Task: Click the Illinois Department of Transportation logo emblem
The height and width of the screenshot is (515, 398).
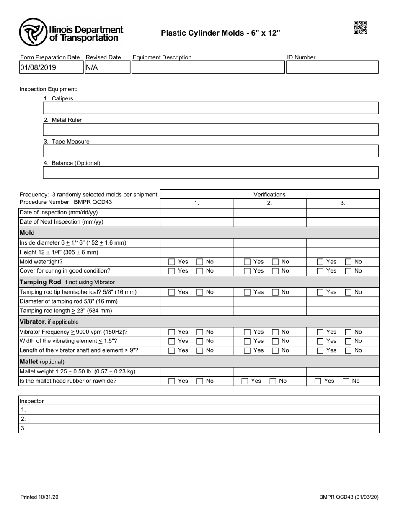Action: tap(33, 32)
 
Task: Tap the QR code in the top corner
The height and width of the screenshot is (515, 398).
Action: tap(360, 27)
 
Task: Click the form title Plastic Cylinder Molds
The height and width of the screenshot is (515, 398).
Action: tap(220, 33)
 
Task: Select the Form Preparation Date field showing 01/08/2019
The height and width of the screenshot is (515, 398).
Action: tap(51, 67)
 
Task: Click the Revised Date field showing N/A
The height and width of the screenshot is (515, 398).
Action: tap(107, 67)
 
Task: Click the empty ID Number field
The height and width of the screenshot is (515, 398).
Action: tap(332, 67)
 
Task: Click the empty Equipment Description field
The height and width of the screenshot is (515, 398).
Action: tap(208, 67)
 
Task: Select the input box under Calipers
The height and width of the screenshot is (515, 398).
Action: tap(210, 108)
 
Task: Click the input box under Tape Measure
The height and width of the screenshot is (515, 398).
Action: tap(210, 151)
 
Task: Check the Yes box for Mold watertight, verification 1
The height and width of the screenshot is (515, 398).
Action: tap(172, 262)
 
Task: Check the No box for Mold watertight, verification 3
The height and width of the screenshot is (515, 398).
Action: tap(348, 262)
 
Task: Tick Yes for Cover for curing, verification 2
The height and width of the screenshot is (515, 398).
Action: tap(247, 271)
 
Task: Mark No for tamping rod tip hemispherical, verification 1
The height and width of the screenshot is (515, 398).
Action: tap(200, 292)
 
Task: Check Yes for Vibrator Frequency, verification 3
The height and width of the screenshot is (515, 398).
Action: tap(320, 332)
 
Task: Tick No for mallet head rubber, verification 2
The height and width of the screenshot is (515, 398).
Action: tap(273, 381)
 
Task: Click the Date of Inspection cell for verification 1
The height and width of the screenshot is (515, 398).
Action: tap(196, 213)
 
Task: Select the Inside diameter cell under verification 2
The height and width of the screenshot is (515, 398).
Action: tap(269, 243)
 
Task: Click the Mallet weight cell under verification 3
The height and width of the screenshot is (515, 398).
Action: tap(342, 371)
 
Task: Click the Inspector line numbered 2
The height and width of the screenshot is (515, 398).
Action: tap(203, 419)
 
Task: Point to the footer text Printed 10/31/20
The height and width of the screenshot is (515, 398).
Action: tap(39, 497)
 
